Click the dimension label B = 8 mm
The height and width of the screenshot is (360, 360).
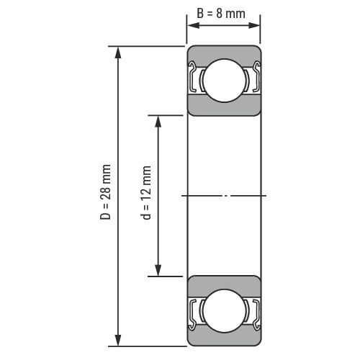click(x=221, y=14)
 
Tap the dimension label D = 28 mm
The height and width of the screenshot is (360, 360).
click(x=106, y=192)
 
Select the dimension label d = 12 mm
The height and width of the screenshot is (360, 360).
click(x=145, y=193)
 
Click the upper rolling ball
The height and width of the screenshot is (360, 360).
click(x=225, y=81)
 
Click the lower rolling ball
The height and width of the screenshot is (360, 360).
click(x=225, y=311)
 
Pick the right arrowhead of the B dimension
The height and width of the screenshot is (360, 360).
click(x=254, y=25)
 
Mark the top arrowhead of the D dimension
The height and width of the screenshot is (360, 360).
click(x=118, y=53)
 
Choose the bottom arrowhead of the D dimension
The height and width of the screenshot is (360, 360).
click(x=118, y=340)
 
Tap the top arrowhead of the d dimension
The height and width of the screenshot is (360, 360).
click(x=158, y=122)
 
